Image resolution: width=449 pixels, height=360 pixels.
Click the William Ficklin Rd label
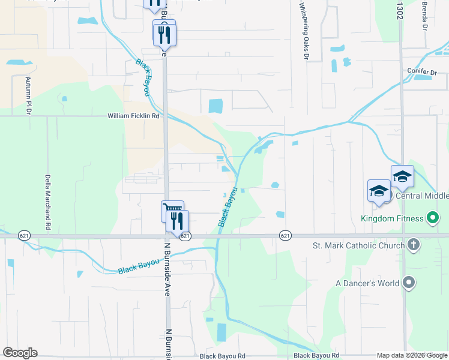pyautogui.click(x=134, y=116)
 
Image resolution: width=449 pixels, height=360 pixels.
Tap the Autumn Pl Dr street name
pyautogui.click(x=28, y=95)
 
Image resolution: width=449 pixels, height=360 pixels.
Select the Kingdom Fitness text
pyautogui.click(x=392, y=218)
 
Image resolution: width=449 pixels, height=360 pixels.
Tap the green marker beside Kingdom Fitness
pyautogui.click(x=432, y=218)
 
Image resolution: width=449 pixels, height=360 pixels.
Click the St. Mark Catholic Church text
pyautogui.click(x=358, y=245)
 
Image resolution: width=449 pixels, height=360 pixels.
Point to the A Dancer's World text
pyautogui.click(x=367, y=283)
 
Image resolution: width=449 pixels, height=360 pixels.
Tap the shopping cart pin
pyautogui.click(x=172, y=211)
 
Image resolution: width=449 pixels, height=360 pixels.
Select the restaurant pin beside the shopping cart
pyautogui.click(x=178, y=221)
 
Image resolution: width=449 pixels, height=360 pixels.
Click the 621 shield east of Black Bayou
pyautogui.click(x=285, y=236)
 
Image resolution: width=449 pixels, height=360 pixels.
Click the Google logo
pyautogui.click(x=20, y=353)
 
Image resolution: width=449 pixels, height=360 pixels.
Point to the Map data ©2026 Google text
pyautogui.click(x=411, y=355)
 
